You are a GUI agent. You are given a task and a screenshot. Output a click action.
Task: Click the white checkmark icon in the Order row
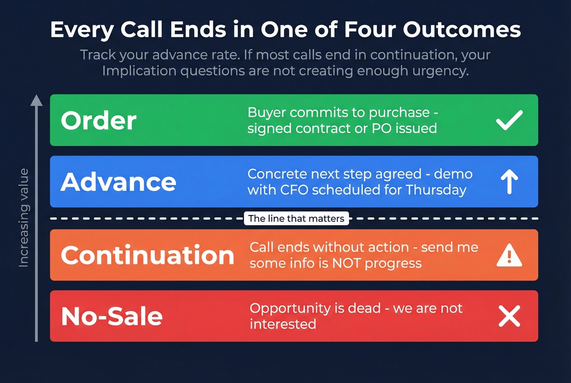509,120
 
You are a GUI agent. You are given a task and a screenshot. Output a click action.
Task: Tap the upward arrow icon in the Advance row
509,182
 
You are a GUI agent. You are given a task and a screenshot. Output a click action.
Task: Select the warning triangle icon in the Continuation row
509,256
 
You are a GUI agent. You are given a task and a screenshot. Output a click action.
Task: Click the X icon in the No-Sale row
509,316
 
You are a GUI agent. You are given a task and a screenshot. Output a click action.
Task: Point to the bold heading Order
98,121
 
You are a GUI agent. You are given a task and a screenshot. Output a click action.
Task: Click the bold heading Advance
118,182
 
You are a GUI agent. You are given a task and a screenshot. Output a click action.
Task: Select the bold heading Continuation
147,255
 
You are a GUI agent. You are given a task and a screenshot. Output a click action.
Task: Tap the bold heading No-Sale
112,317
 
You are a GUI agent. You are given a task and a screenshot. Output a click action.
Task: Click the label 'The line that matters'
296,219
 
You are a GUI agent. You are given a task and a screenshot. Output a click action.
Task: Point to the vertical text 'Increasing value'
24,218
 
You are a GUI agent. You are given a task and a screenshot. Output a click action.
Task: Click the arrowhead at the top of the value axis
36,100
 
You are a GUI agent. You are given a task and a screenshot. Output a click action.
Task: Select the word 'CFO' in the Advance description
294,190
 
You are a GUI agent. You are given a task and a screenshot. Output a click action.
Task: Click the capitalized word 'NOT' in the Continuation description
346,263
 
